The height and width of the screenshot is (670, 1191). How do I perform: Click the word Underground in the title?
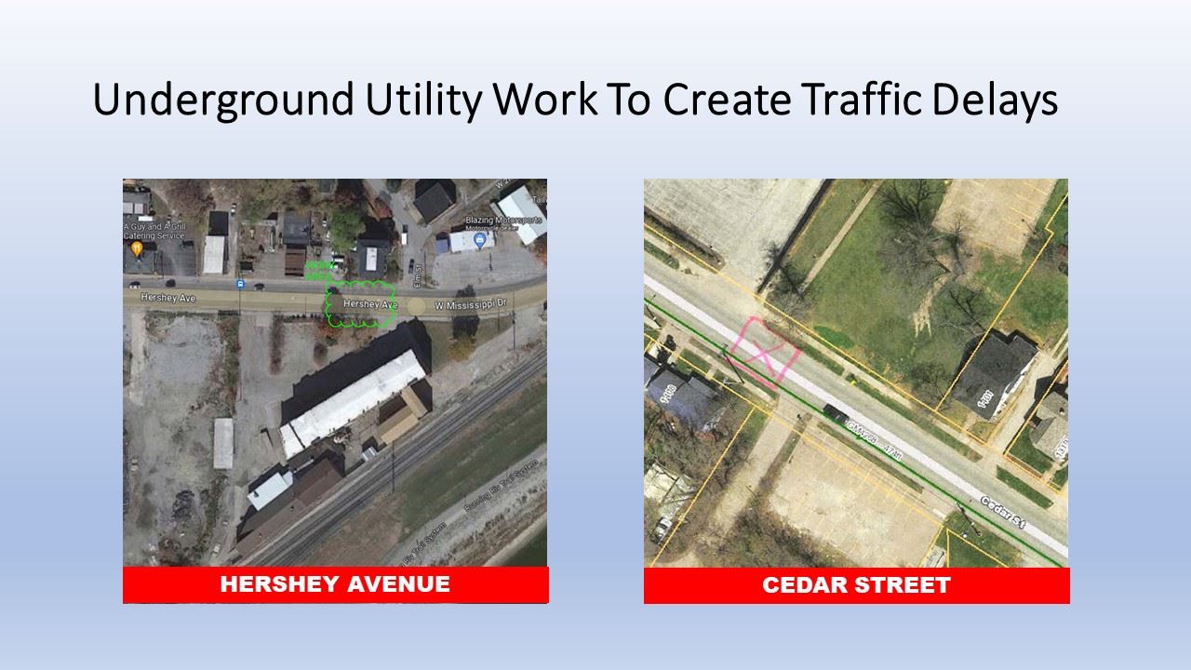coord(223,100)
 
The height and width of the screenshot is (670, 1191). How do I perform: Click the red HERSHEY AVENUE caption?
coord(335,584)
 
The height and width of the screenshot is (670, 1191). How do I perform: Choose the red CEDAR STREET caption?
coord(856,585)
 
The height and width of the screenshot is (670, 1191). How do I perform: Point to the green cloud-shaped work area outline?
coord(361,304)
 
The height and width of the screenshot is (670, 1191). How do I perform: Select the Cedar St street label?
coord(1002,513)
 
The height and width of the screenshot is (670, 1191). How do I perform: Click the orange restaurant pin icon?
coord(137,248)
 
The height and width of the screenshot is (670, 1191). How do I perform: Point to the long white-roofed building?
coord(355,401)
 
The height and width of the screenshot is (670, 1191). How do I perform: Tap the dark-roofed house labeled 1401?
coord(993,374)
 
